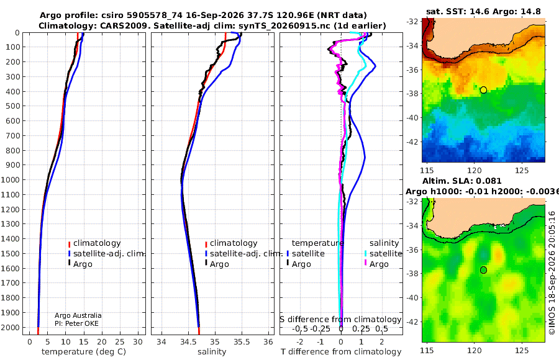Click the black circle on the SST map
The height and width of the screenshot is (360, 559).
pos(483,90)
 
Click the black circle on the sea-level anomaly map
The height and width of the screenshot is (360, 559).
pos(483,270)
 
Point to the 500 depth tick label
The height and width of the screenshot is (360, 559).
pos(12,106)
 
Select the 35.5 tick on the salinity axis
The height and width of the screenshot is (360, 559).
pos(242,342)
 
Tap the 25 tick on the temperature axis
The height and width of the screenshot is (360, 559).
pos(120,342)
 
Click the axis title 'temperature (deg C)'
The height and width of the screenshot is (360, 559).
pos(84,352)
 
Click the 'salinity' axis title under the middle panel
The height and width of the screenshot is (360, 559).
pos(212,352)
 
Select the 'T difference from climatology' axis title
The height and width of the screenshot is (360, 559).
pos(341,352)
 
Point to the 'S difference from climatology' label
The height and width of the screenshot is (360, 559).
pos(340,320)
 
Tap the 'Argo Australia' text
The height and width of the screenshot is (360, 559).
pos(78,315)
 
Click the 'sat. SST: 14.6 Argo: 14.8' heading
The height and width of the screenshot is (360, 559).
pos(483,11)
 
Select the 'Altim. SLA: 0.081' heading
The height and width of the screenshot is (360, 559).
pos(462,181)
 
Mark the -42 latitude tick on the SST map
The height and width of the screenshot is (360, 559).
pos(413,142)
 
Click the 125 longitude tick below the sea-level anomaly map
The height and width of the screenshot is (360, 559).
pos(522,350)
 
